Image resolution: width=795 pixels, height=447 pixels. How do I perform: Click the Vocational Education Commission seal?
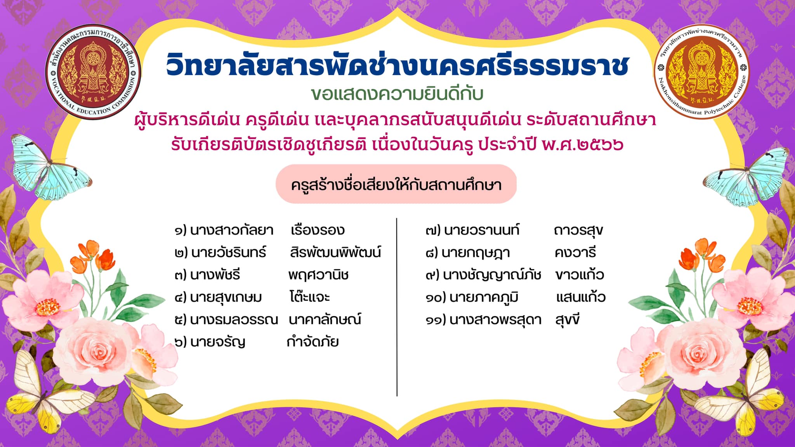pyautogui.click(x=93, y=72)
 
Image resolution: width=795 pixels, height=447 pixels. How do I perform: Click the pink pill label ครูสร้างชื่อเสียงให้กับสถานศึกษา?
pyautogui.click(x=396, y=184)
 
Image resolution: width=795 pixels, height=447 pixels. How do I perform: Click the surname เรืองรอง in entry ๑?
pyautogui.click(x=318, y=230)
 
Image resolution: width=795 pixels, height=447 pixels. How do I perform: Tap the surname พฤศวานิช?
pyautogui.click(x=318, y=275)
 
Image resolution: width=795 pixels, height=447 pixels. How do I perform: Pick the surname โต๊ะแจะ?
pyautogui.click(x=309, y=297)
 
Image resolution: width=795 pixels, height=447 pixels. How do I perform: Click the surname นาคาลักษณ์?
pyautogui.click(x=325, y=319)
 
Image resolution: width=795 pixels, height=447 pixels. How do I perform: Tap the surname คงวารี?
pyautogui.click(x=575, y=253)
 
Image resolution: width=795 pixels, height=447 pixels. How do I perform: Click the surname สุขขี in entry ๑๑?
pyautogui.click(x=568, y=320)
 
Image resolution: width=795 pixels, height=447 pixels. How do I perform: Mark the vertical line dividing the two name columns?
pyautogui.click(x=397, y=307)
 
